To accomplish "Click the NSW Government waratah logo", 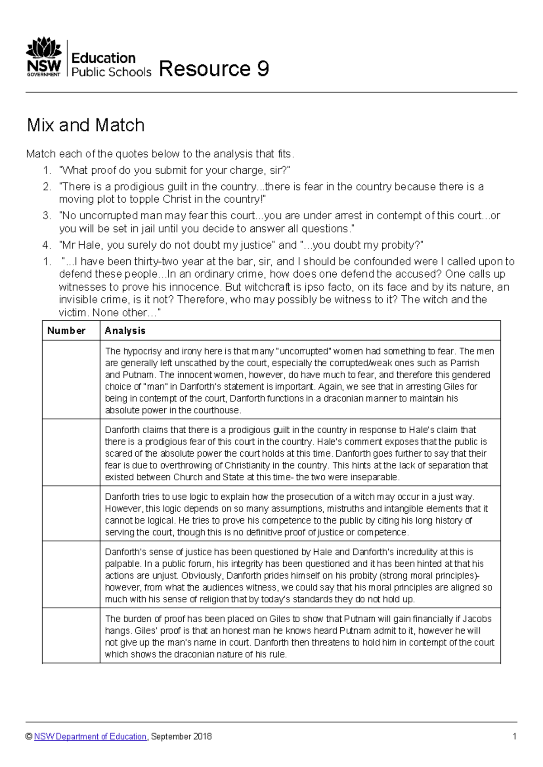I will coord(44,57).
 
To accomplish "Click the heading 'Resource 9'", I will coord(214,69).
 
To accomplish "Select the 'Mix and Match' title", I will coord(86,125).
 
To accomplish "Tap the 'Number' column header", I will coord(66,331).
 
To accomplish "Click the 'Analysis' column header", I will coord(125,331).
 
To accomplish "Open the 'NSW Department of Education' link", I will coord(90,737).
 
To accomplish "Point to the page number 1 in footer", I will coord(514,737).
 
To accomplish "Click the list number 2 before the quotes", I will coord(47,187).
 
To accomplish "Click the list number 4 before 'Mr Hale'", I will coord(47,245).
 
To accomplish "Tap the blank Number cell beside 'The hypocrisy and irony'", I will coord(71,380).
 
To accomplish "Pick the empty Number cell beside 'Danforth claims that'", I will coord(71,453).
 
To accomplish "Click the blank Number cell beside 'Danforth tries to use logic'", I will coord(71,514).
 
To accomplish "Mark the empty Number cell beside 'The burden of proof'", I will coord(71,636).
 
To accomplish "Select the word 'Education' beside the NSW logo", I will coord(104,58).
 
